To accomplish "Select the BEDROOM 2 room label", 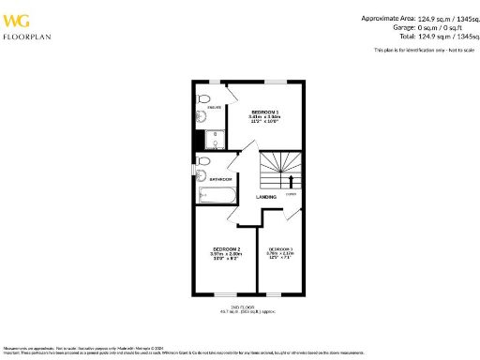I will coord(226,249).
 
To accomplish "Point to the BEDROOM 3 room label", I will coord(283,249).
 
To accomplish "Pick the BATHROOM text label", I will coord(220,178).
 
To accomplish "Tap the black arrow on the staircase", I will coord(291,179).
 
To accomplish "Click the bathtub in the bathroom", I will coord(214,196).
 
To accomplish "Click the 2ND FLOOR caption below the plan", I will coord(242,307).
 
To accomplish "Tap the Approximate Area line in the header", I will coord(418,17).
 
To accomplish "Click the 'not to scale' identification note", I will coord(424,49).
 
